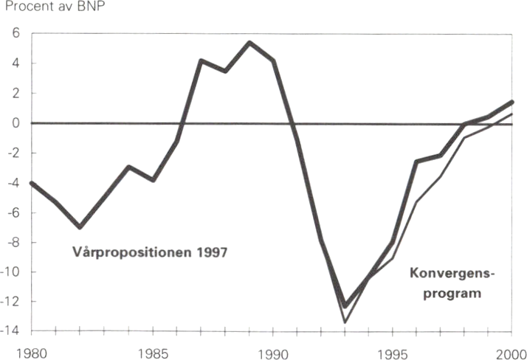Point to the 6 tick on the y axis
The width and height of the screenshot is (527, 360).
(14, 34)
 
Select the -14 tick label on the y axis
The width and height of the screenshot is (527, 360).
(11, 332)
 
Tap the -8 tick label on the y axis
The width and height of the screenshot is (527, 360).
(13, 243)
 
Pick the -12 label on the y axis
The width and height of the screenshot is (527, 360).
(11, 302)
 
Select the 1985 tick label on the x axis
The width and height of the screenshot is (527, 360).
(152, 351)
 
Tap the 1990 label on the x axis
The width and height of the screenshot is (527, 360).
(273, 351)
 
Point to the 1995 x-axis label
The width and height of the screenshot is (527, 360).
(392, 351)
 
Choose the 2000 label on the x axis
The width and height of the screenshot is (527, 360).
(512, 351)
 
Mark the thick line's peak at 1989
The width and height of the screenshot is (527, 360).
(249, 42)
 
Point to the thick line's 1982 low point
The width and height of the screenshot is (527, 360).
(79, 227)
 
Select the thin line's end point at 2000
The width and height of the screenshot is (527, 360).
(512, 114)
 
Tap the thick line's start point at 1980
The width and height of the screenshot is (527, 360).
(31, 182)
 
